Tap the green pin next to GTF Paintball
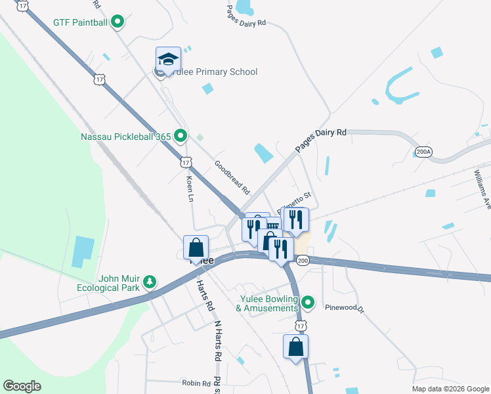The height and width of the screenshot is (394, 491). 117,22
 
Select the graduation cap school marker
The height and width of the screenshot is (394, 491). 168,60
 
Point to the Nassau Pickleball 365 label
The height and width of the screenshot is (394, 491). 125,137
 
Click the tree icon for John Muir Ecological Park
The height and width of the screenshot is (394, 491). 150,281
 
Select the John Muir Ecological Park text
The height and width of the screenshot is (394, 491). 119,283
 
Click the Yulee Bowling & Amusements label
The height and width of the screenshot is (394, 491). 267,303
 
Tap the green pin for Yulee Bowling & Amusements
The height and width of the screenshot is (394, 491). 308,303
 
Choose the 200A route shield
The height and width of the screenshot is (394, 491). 424,152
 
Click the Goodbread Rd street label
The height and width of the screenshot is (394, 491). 232,177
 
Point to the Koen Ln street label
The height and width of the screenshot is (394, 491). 190,188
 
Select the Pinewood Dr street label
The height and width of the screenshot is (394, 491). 343,307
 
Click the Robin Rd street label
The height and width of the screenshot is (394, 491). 196,383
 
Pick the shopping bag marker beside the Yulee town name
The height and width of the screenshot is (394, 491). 196,248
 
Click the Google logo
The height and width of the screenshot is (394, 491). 22,385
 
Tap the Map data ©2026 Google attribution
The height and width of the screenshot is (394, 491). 450,389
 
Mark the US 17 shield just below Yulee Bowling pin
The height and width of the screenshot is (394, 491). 301,326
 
